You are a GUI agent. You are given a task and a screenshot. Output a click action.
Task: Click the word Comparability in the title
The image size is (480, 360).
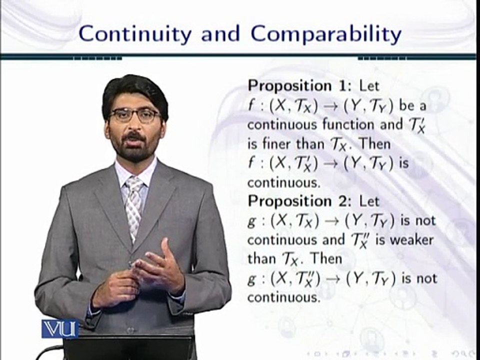pyautogui.click(x=326, y=34)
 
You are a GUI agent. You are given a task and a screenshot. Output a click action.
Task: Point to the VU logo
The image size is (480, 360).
pyautogui.click(x=59, y=328)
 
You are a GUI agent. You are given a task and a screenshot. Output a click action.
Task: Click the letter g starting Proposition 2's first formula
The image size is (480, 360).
pyautogui.click(x=251, y=221)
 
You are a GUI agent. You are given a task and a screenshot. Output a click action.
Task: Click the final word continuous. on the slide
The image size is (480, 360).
pyautogui.click(x=283, y=298)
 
